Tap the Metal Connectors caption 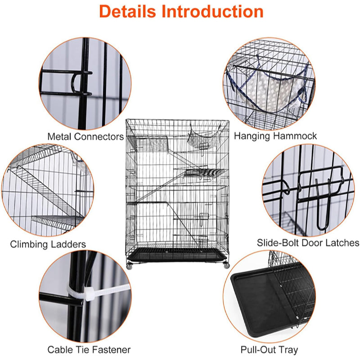pyautogui.click(x=85, y=136)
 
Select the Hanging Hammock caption pyautogui.click(x=275, y=135)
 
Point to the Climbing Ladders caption pyautogui.click(x=48, y=244)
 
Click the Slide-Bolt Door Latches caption pyautogui.click(x=308, y=243)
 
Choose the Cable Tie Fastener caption pyautogui.click(x=89, y=349)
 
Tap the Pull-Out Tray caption pyautogui.click(x=269, y=349)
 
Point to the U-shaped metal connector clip pyautogui.click(x=78, y=82)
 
